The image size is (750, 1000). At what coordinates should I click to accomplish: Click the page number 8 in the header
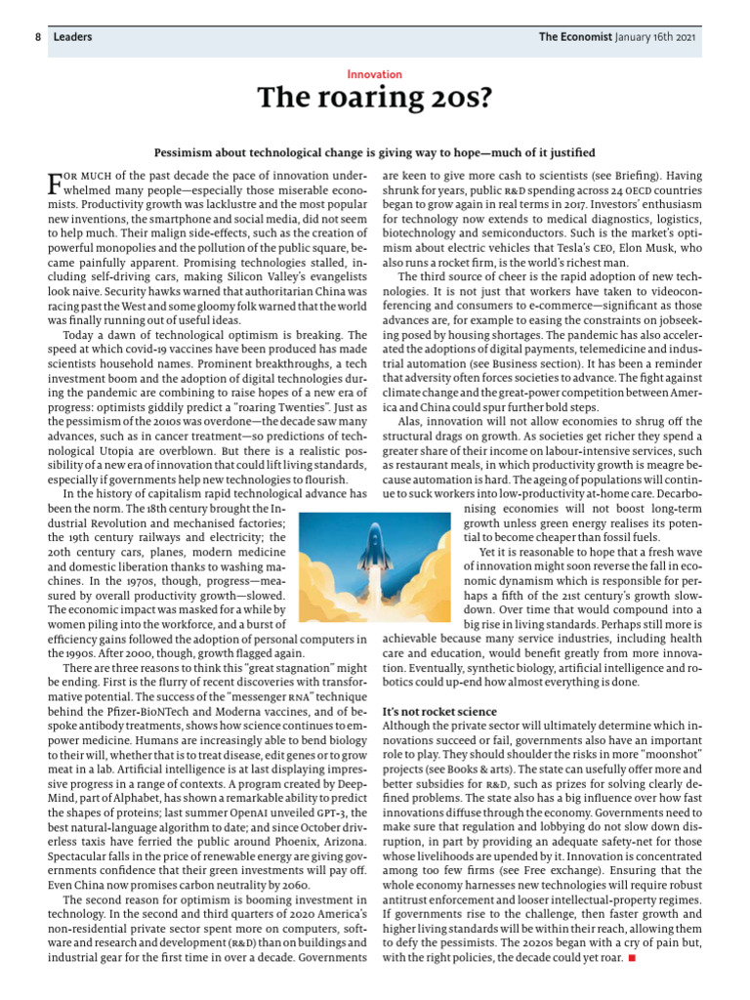pyautogui.click(x=37, y=37)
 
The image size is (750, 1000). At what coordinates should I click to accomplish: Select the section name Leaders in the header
pyautogui.click(x=72, y=37)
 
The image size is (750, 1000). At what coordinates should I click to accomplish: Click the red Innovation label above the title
pyautogui.click(x=374, y=74)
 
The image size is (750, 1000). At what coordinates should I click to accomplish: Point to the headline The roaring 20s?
pyautogui.click(x=374, y=99)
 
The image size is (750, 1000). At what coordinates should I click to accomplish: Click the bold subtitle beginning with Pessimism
pyautogui.click(x=374, y=153)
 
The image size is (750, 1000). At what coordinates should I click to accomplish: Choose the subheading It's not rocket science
pyautogui.click(x=439, y=711)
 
